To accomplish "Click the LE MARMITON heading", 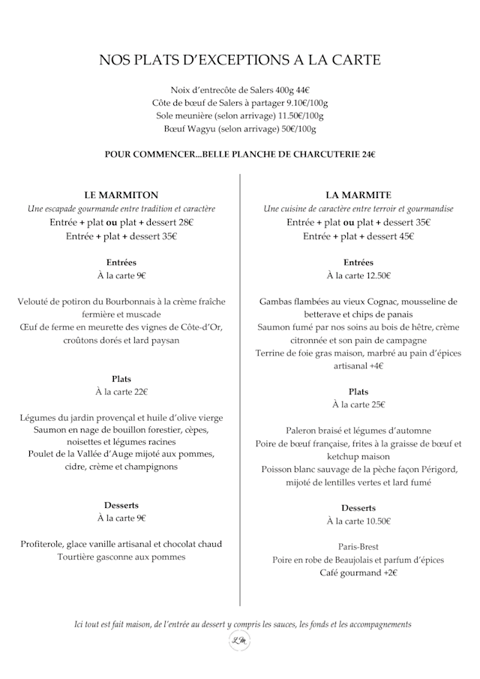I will pos(121,195).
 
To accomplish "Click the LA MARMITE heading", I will pos(358,195).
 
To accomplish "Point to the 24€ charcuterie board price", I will pos(368,155).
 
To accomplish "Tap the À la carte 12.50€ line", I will pos(358,276).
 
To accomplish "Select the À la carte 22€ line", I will pos(121,392).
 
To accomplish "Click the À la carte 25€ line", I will pos(358,405).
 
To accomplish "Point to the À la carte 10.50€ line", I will pos(358,521).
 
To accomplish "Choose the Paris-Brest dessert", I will pos(358,546).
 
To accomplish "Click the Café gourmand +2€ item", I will pos(358,573).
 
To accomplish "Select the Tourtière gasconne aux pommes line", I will pos(121,557).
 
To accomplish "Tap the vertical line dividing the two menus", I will pos(240,390).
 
